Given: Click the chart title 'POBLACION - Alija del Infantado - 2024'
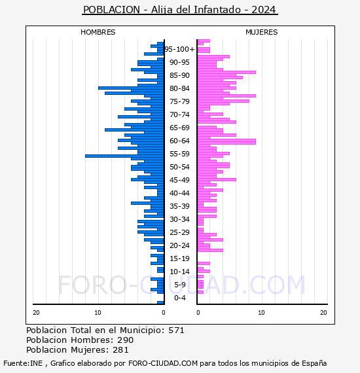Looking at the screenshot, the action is pyautogui.click(x=179, y=10).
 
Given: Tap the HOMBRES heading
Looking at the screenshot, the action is pyautogui.click(x=98, y=32).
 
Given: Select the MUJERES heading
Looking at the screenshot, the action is pyautogui.click(x=262, y=32).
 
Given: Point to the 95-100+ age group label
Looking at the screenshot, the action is pyautogui.click(x=179, y=49).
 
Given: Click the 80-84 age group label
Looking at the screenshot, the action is pyautogui.click(x=179, y=88).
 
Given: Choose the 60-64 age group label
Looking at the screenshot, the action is pyautogui.click(x=179, y=141).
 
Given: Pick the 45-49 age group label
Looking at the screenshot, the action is pyautogui.click(x=179, y=180).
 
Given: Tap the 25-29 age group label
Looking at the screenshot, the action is pyautogui.click(x=179, y=232).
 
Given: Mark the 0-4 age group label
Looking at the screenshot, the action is pyautogui.click(x=179, y=298).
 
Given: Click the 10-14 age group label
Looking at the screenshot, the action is pyautogui.click(x=179, y=272).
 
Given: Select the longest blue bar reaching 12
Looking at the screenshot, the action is pyautogui.click(x=124, y=156).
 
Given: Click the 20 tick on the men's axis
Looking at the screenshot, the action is pyautogui.click(x=36, y=313).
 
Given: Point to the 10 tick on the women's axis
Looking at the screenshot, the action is pyautogui.click(x=261, y=313).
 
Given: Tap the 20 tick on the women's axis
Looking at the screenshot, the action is pyautogui.click(x=323, y=313).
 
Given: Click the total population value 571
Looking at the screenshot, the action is pyautogui.click(x=176, y=330).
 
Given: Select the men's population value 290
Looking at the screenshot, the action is pyautogui.click(x=126, y=340).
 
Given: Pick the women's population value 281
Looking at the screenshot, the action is pyautogui.click(x=120, y=350).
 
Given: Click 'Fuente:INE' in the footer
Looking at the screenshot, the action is pyautogui.click(x=23, y=363).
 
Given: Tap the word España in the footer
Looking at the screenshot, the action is pyautogui.click(x=314, y=364).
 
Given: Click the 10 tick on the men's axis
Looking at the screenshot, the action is pyautogui.click(x=98, y=313).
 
